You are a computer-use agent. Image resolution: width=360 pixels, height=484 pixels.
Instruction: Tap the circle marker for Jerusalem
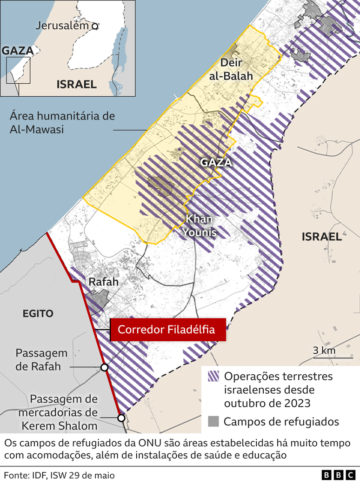click(x=95, y=27)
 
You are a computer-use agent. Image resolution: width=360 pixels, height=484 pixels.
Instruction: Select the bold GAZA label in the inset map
click(x=18, y=51)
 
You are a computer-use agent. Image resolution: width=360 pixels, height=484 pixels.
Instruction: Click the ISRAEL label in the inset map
click(x=77, y=84)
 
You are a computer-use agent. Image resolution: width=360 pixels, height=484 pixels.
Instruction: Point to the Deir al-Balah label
click(x=237, y=69)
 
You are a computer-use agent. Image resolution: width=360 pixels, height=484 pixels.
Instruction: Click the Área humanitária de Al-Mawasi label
click(x=62, y=123)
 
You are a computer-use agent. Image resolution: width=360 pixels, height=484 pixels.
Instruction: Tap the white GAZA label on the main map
click(x=215, y=163)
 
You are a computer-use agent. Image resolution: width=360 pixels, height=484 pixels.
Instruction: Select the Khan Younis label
click(x=201, y=225)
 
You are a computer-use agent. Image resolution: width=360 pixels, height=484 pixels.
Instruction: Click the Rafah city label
click(x=103, y=282)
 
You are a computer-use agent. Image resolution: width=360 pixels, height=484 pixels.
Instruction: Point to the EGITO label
click(x=38, y=314)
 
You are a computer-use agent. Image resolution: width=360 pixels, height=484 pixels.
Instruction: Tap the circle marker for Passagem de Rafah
click(x=105, y=368)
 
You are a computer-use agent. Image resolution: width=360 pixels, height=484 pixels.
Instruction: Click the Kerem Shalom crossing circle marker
click(x=121, y=418)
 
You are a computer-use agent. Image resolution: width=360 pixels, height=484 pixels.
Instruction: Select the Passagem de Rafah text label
click(x=41, y=360)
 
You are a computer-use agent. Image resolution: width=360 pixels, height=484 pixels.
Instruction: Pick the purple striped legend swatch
click(x=213, y=376)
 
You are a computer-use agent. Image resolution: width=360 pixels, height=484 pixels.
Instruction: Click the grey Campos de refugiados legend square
click(x=213, y=422)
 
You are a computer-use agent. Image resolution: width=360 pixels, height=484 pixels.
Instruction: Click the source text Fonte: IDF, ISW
click(x=59, y=475)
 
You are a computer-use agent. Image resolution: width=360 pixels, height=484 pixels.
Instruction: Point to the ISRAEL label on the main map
click(x=321, y=237)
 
